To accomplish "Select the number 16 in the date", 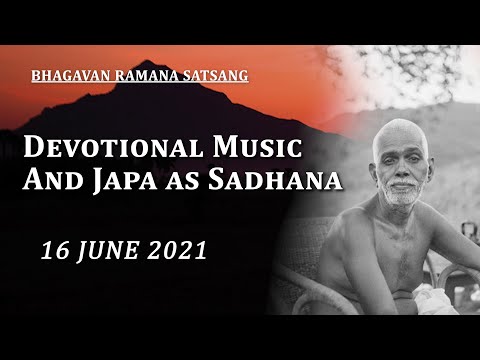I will [53, 250].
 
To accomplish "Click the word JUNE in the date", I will [107, 250].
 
